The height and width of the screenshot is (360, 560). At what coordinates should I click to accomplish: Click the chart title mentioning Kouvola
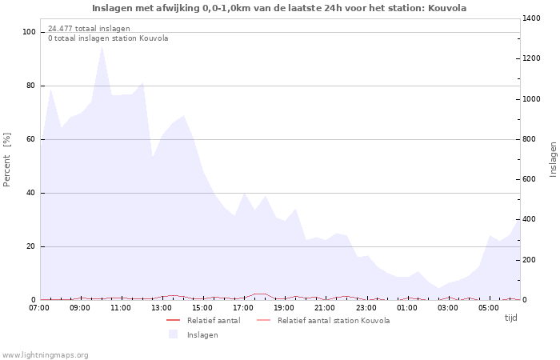pos(279,8)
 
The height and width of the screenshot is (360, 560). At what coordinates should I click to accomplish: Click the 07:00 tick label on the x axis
pos(39,307)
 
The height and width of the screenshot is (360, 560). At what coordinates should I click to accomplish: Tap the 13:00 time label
pos(162,307)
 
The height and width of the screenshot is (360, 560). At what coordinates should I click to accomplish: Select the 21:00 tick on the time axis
pos(325,307)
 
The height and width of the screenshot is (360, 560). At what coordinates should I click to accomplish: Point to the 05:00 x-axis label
pos(488,307)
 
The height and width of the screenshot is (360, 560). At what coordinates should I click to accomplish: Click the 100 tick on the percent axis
pos(30,32)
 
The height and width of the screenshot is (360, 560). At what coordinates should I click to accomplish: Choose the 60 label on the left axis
pos(31,139)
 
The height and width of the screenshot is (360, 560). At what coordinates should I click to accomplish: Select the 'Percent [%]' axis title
pos(7,159)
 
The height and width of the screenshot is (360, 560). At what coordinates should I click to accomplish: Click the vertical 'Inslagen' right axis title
pos(553,159)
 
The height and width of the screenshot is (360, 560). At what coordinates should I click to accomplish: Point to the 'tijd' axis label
pos(510,318)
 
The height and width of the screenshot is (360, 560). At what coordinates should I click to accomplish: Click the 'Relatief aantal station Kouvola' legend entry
pos(334,321)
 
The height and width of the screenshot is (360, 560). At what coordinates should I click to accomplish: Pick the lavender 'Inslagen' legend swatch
pos(173,334)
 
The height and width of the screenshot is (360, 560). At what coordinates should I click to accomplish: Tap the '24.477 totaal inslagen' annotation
pos(89,29)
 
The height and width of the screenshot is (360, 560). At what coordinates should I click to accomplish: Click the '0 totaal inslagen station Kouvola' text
pos(108,38)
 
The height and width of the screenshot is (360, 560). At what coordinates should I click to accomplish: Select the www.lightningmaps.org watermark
pos(46,354)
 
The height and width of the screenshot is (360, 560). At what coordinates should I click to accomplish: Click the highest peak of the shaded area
pos(102,46)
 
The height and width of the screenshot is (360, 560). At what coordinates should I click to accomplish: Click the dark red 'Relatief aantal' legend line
pos(174,321)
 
